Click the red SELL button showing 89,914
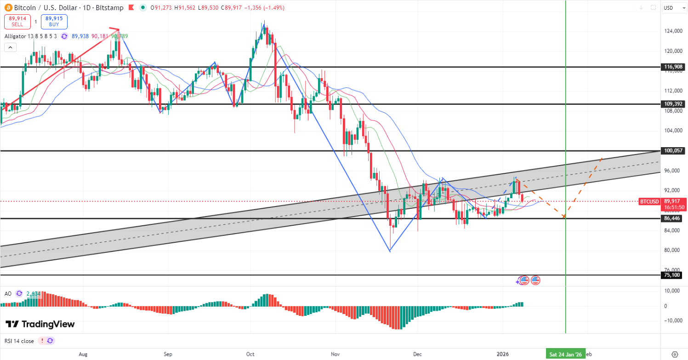pyautogui.click(x=17, y=22)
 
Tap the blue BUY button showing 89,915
pyautogui.click(x=54, y=22)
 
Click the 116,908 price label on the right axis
pyautogui.click(x=674, y=67)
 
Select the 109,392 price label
pyautogui.click(x=674, y=104)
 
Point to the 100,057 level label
pyautogui.click(x=674, y=151)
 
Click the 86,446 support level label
pyautogui.click(x=673, y=218)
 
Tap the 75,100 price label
pyautogui.click(x=673, y=275)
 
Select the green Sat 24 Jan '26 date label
pyautogui.click(x=566, y=354)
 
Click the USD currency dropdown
pyautogui.click(x=674, y=8)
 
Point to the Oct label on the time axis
pyautogui.click(x=250, y=354)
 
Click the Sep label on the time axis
pyautogui.click(x=168, y=354)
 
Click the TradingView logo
pyautogui.click(x=40, y=324)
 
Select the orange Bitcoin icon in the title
pyautogui.click(x=8, y=8)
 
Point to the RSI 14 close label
pyautogui.click(x=19, y=341)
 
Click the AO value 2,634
pyautogui.click(x=34, y=293)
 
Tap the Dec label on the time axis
pyautogui.click(x=417, y=354)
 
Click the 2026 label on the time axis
pyautogui.click(x=503, y=354)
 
